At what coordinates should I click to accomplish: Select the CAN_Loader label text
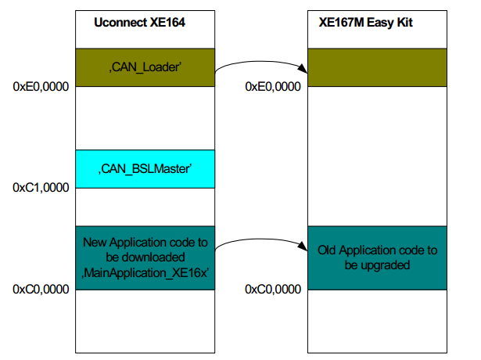144,67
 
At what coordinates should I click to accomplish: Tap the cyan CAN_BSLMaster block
144,168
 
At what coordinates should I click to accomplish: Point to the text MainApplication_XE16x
144,271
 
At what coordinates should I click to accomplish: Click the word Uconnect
115,23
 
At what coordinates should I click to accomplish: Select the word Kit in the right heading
404,23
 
